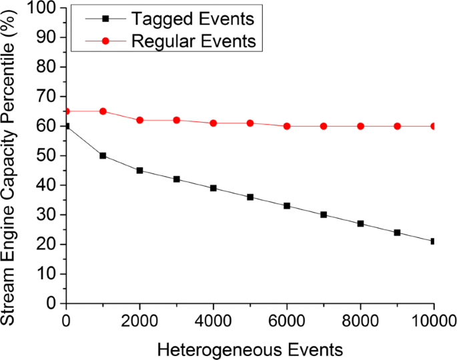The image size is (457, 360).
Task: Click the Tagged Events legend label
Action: pos(181,19)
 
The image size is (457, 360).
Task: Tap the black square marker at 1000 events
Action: pos(103,155)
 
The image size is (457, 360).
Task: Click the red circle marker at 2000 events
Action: pos(139,120)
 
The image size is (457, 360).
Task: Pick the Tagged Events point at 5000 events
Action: pos(250,197)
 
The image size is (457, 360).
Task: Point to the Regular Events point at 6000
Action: pos(287,126)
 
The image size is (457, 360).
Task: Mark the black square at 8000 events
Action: pos(360,223)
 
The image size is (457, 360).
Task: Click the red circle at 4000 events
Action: pos(213,123)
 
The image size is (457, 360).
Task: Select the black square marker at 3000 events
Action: pos(176,179)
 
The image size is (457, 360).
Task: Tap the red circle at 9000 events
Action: pos(397,126)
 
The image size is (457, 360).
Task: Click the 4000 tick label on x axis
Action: pos(213,319)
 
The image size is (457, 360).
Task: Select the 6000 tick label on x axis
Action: pos(287,319)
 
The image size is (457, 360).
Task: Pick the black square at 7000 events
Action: pos(324,215)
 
